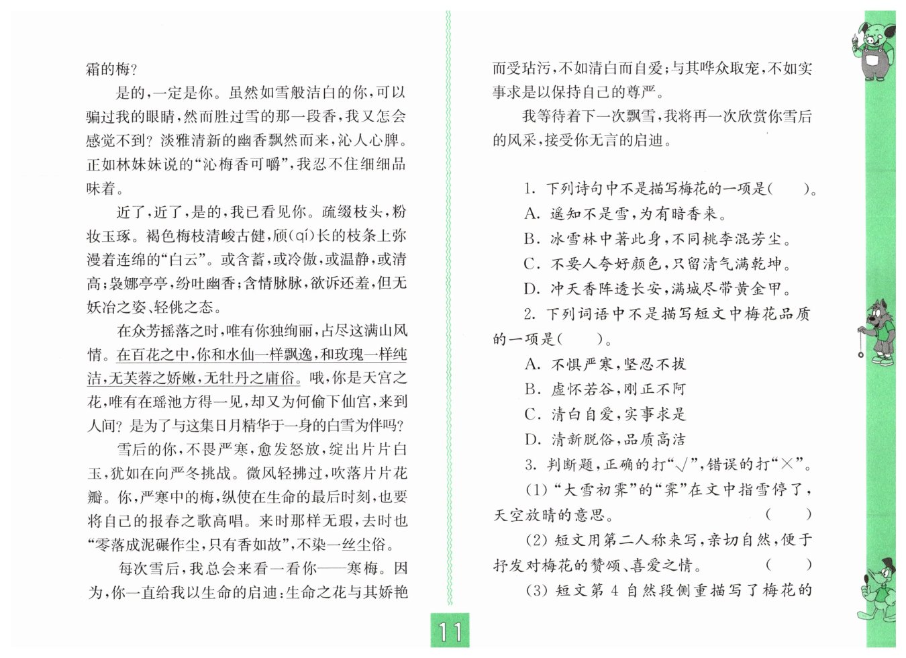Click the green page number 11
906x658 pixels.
[x=450, y=631]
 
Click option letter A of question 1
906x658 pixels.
[x=532, y=214]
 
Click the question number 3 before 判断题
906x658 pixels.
[x=530, y=465]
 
